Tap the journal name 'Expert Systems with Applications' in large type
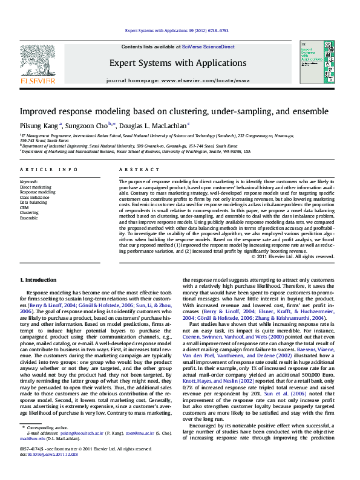click(x=177, y=63)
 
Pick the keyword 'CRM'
click(x=25, y=207)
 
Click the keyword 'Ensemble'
click(x=28, y=218)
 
